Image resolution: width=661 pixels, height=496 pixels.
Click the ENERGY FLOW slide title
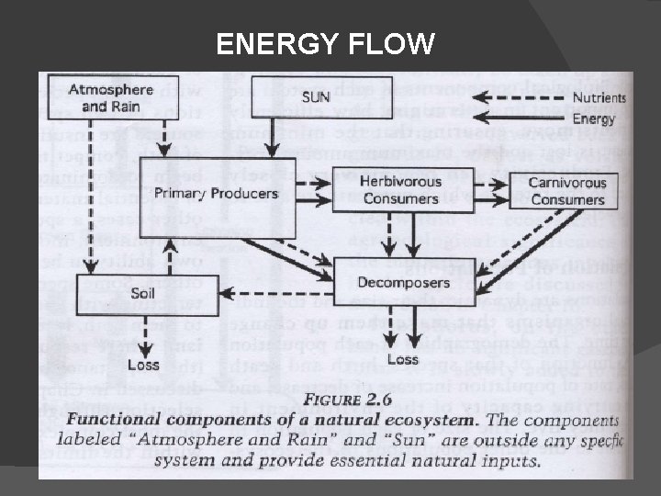coord(325,43)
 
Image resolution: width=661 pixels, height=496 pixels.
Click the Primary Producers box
coord(215,193)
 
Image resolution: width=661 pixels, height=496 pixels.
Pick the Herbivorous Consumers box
coord(400,191)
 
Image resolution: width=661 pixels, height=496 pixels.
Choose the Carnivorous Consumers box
coord(567,191)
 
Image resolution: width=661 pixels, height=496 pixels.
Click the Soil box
coord(143,295)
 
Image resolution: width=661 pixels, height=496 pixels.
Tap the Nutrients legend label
coord(599,97)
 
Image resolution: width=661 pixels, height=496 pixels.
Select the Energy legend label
coord(593,119)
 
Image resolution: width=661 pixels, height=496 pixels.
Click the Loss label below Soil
coord(144,365)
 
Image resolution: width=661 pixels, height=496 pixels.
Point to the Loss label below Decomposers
coord(402,359)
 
